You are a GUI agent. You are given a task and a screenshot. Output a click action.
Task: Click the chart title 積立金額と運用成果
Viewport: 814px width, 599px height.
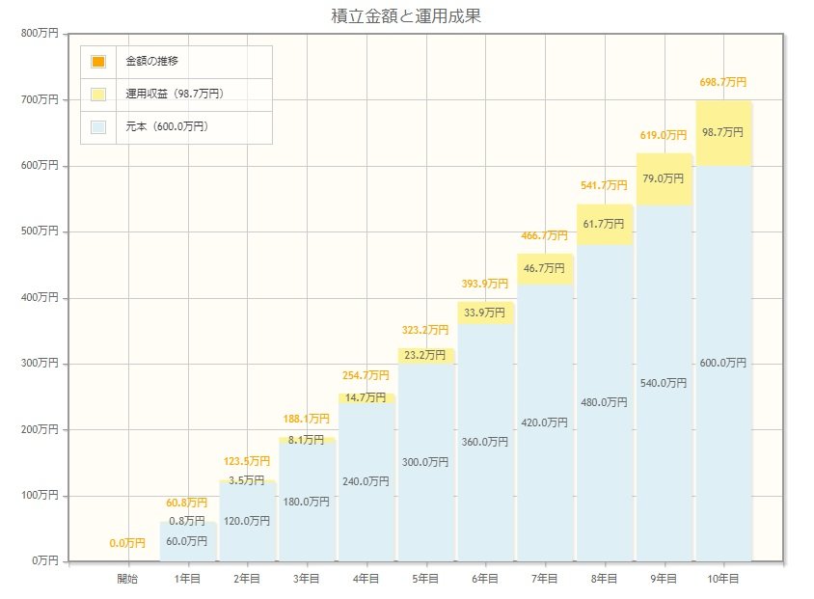(x=405, y=16)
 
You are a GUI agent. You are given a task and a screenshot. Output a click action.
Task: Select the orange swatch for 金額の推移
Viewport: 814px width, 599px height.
(x=98, y=62)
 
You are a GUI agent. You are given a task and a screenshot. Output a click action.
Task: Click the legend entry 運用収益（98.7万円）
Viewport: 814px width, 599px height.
(x=181, y=95)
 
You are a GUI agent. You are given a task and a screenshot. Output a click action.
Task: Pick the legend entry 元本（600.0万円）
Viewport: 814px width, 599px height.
(x=167, y=126)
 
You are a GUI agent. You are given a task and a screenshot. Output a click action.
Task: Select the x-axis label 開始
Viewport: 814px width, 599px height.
(x=127, y=579)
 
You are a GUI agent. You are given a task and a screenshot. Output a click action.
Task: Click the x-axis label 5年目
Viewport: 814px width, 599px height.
(x=425, y=579)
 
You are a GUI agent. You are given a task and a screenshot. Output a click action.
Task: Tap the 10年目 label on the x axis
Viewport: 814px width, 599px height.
(x=723, y=579)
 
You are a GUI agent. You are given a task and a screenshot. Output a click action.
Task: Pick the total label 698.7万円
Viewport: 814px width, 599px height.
(x=722, y=83)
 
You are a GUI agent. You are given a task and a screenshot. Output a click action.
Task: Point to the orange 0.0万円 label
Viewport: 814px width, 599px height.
(x=127, y=543)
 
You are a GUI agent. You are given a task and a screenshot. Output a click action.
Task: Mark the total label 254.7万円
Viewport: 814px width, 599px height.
(x=366, y=375)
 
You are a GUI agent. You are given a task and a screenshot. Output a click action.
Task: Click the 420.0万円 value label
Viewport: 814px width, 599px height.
(x=545, y=422)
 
